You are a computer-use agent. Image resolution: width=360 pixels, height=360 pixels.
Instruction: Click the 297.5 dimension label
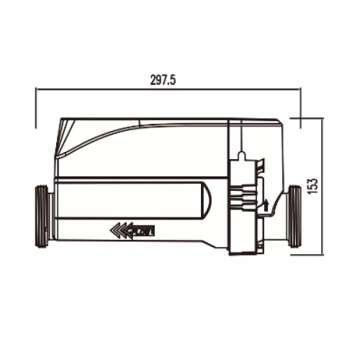tap(163, 80)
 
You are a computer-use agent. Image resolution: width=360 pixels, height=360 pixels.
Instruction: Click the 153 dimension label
tap(314, 186)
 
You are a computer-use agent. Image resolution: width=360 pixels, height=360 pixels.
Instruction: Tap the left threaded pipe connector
tap(43, 217)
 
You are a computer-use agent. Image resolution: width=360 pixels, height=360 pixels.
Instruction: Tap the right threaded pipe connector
tap(294, 216)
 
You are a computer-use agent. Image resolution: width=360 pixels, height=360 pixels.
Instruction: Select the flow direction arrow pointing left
tap(132, 231)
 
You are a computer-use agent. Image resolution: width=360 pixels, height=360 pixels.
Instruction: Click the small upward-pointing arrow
tap(266, 205)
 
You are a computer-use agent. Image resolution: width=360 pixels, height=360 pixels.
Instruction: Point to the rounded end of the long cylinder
tap(207, 200)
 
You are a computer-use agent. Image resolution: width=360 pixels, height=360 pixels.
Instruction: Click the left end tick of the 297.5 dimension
tap(36, 108)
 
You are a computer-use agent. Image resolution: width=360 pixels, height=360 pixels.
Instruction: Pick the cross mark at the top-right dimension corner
tap(300, 118)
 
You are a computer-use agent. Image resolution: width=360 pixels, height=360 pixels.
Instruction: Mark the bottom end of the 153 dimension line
tap(323, 255)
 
